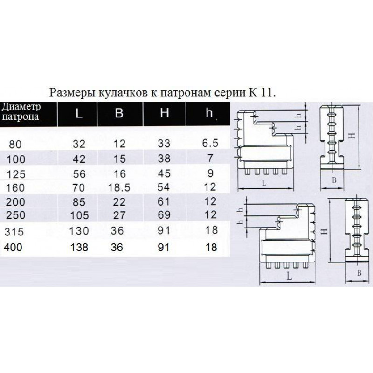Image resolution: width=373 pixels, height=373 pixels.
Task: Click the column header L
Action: click(79, 113)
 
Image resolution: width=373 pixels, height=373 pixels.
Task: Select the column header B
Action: click(119, 113)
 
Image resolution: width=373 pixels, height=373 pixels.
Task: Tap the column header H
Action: click(165, 112)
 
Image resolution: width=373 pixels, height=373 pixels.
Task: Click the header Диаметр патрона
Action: click(21, 112)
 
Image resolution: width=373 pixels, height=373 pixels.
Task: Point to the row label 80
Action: click(15, 145)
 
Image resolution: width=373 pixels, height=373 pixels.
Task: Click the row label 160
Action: click(15, 188)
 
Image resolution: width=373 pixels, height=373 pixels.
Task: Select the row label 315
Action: click(14, 232)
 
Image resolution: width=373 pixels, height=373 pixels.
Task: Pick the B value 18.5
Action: click(119, 188)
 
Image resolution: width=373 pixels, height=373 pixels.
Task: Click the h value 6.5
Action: click(210, 143)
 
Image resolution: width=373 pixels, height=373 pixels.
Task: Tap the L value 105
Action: click(79, 216)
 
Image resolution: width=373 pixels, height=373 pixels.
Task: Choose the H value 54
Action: click(164, 187)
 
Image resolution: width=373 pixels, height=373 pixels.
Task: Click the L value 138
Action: click(79, 248)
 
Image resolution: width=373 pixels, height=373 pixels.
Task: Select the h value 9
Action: click(210, 173)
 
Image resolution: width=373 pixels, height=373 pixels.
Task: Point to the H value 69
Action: click(164, 215)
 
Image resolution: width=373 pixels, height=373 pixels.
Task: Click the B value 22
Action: click(119, 202)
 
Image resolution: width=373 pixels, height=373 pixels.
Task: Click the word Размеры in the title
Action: click(73, 92)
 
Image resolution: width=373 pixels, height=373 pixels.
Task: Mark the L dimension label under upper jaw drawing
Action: click(264, 183)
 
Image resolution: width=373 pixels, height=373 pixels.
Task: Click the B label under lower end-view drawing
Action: click(359, 273)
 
